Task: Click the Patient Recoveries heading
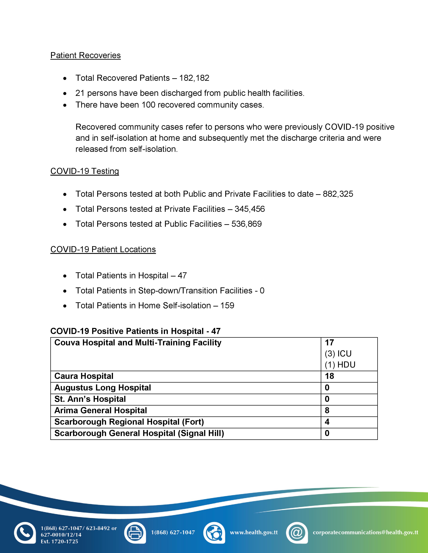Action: [x=85, y=55]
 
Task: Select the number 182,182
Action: [x=194, y=78]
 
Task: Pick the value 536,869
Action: [x=246, y=224]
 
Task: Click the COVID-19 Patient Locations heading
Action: [x=103, y=249]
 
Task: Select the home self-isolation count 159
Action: [x=227, y=306]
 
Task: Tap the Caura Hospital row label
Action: [x=84, y=376]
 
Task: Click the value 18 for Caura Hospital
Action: [x=329, y=376]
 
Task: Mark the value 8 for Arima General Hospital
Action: [x=327, y=410]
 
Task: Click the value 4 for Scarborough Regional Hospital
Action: [x=327, y=422]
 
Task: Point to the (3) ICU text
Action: [x=338, y=354]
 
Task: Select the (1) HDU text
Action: [x=340, y=365]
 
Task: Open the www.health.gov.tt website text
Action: [x=254, y=533]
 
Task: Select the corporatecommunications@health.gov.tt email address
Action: [x=365, y=533]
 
